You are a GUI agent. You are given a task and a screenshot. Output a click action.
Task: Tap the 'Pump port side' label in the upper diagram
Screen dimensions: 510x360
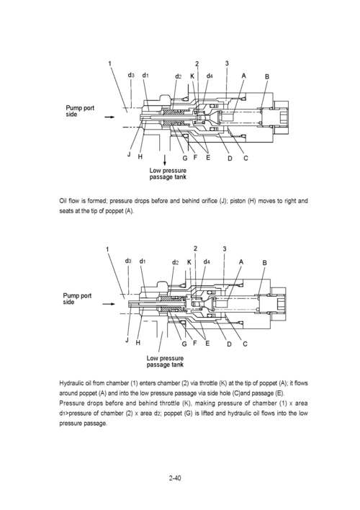click(80, 112)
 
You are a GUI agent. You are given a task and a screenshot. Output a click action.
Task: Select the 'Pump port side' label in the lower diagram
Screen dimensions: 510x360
click(78, 299)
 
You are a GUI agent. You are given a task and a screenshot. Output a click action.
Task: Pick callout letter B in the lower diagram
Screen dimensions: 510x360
click(266, 263)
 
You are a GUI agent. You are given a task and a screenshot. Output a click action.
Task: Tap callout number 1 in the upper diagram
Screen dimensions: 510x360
click(109, 63)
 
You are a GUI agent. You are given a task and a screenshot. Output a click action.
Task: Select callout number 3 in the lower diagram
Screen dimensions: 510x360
click(225, 250)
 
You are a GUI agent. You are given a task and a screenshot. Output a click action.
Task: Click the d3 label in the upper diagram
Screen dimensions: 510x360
click(130, 75)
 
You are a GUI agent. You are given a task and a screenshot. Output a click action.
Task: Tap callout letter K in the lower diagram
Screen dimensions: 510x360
click(189, 262)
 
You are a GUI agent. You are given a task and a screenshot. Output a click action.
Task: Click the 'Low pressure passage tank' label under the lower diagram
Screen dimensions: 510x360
click(165, 361)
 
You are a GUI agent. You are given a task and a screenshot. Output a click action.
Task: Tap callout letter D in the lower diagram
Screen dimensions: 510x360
click(228, 344)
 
